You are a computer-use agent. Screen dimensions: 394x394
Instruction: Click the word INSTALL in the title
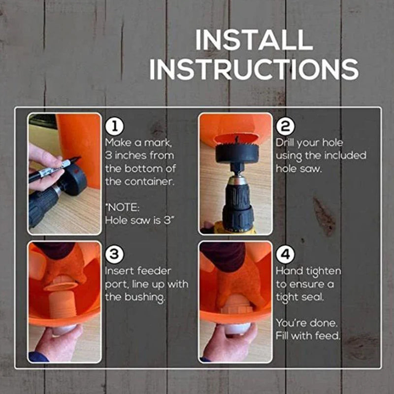[254, 40]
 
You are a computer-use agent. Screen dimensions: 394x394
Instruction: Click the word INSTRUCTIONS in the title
[254, 69]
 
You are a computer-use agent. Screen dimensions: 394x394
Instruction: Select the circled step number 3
[113, 255]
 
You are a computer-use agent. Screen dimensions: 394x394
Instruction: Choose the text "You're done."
[307, 324]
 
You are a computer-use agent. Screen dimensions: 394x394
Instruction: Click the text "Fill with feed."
[307, 336]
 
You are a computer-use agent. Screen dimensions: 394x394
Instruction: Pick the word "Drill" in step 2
[287, 143]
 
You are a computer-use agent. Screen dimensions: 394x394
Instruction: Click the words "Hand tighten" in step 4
[308, 271]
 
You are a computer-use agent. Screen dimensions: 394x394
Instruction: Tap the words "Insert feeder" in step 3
[138, 271]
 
